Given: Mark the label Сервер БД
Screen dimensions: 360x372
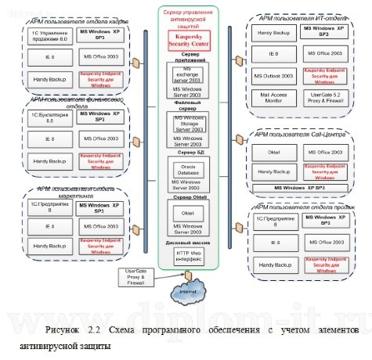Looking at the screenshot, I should (x=185, y=153).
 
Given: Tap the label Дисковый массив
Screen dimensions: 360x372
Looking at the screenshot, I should (x=185, y=243).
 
